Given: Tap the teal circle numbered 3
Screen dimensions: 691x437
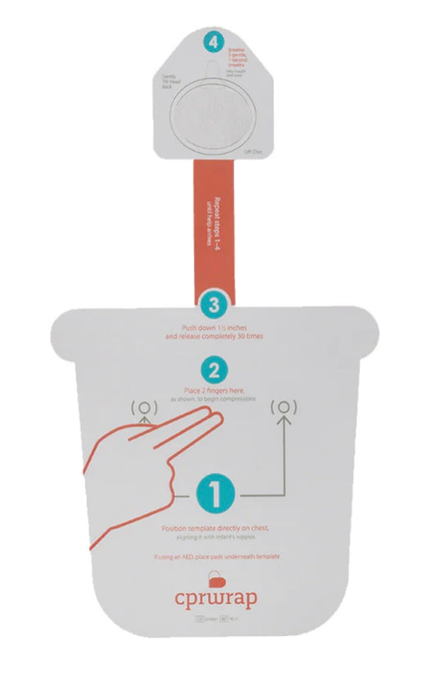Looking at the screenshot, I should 214,305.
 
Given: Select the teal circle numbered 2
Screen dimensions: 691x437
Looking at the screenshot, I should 214,367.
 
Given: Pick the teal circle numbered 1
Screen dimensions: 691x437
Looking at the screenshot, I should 215,493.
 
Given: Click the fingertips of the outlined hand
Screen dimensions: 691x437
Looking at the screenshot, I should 215,420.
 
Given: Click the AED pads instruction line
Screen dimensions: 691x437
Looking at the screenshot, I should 216,557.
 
